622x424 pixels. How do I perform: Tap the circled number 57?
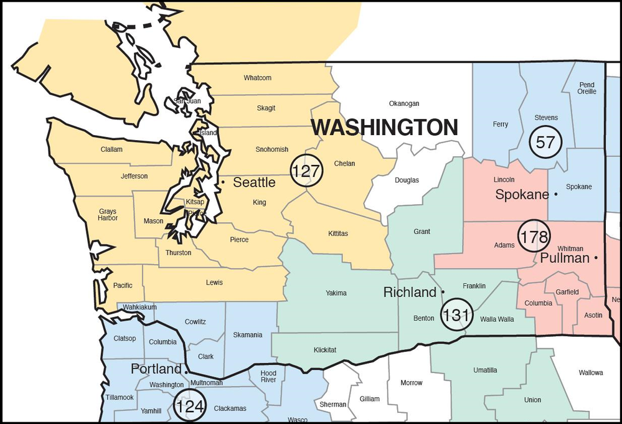(545, 142)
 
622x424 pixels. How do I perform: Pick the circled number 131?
(456, 315)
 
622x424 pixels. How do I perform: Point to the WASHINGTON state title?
(384, 128)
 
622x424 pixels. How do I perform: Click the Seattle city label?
(254, 182)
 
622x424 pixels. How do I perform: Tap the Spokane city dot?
(555, 195)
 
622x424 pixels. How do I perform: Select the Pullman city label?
(565, 258)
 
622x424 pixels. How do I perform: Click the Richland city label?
(410, 292)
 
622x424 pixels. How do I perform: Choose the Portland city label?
(156, 369)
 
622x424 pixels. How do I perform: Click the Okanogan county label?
(404, 103)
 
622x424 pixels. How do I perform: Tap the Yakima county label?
(336, 293)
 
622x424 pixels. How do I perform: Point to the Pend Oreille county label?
(587, 88)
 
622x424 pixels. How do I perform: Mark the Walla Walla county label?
(497, 319)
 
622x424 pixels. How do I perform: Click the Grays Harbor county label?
(108, 215)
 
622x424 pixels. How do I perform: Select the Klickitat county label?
(324, 350)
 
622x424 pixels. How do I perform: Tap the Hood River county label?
(268, 376)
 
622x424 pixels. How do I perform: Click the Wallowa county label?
(590, 373)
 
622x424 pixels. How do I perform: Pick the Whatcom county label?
(257, 78)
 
